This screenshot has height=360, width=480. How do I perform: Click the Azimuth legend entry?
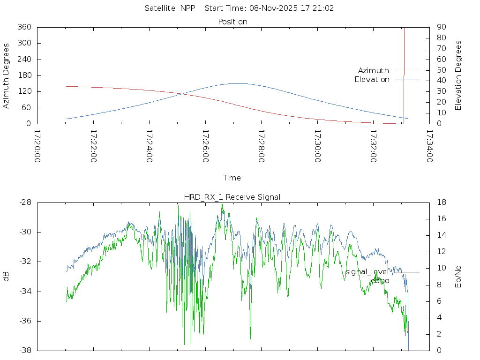(x=374, y=71)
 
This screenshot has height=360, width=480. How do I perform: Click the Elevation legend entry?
(x=372, y=80)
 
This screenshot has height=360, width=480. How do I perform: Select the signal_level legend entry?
(x=367, y=272)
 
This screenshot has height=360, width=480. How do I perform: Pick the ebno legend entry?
(x=380, y=281)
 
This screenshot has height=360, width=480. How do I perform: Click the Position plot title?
(x=233, y=22)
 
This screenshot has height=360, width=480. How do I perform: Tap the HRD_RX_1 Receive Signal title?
(x=232, y=197)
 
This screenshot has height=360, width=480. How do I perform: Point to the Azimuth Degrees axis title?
(x=7, y=75)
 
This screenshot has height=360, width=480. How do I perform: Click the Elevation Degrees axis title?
(x=458, y=75)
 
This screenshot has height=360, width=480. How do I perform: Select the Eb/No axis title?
(x=458, y=277)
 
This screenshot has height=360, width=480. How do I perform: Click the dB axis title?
(x=7, y=277)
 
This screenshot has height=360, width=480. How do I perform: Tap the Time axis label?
(x=232, y=178)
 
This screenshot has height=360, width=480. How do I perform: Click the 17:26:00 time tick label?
(x=205, y=146)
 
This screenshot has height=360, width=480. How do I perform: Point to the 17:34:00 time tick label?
(x=429, y=146)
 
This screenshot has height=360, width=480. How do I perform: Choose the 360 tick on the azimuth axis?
(x=24, y=27)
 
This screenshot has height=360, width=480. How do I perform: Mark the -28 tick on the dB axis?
(x=25, y=202)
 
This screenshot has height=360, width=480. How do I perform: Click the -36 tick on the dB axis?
(x=25, y=321)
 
